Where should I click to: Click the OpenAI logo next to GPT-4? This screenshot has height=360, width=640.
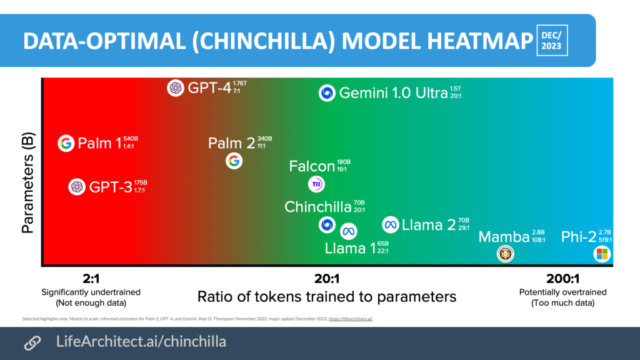[x=176, y=88]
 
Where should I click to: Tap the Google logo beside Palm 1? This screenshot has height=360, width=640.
[x=66, y=143]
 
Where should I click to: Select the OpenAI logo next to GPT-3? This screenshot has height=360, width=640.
[x=77, y=186]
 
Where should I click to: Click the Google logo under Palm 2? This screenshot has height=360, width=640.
[x=234, y=161]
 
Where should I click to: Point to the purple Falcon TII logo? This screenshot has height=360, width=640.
[x=317, y=184]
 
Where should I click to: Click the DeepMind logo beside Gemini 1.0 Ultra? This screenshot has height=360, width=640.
[x=327, y=93]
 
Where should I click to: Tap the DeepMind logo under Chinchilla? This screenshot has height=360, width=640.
[x=326, y=224]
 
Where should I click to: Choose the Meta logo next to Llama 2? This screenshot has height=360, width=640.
[x=391, y=224]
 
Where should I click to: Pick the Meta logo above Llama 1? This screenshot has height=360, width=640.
[x=348, y=229]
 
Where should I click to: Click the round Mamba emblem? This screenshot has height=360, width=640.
[x=505, y=253]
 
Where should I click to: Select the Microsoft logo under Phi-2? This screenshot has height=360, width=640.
[x=601, y=254]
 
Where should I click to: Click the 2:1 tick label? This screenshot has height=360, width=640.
[x=91, y=279]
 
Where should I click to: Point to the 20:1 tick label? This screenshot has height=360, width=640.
[x=327, y=279]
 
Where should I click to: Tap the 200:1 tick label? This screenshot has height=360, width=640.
[x=562, y=279]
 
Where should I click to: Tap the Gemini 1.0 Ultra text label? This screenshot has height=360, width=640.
[x=393, y=94]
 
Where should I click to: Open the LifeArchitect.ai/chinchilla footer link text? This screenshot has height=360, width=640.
[x=141, y=342]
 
